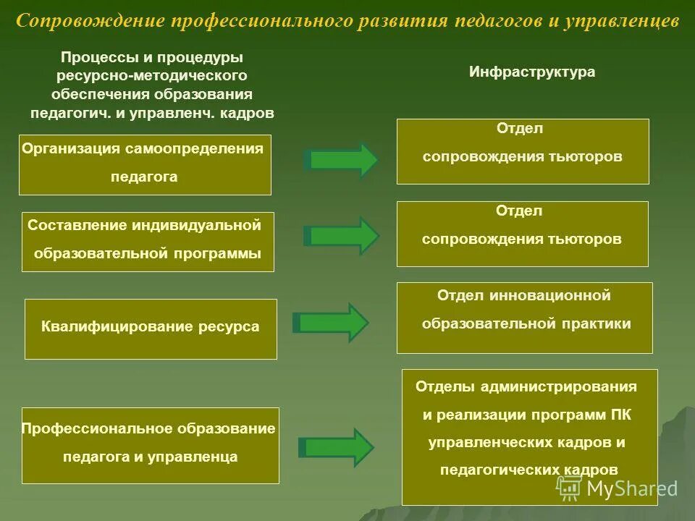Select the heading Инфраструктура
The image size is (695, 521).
(532, 72)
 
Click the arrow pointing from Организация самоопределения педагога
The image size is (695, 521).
(340, 160)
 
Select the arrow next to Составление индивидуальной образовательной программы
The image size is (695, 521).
(340, 236)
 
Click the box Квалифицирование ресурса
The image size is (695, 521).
(151, 329)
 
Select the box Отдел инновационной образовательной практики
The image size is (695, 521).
(525, 318)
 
